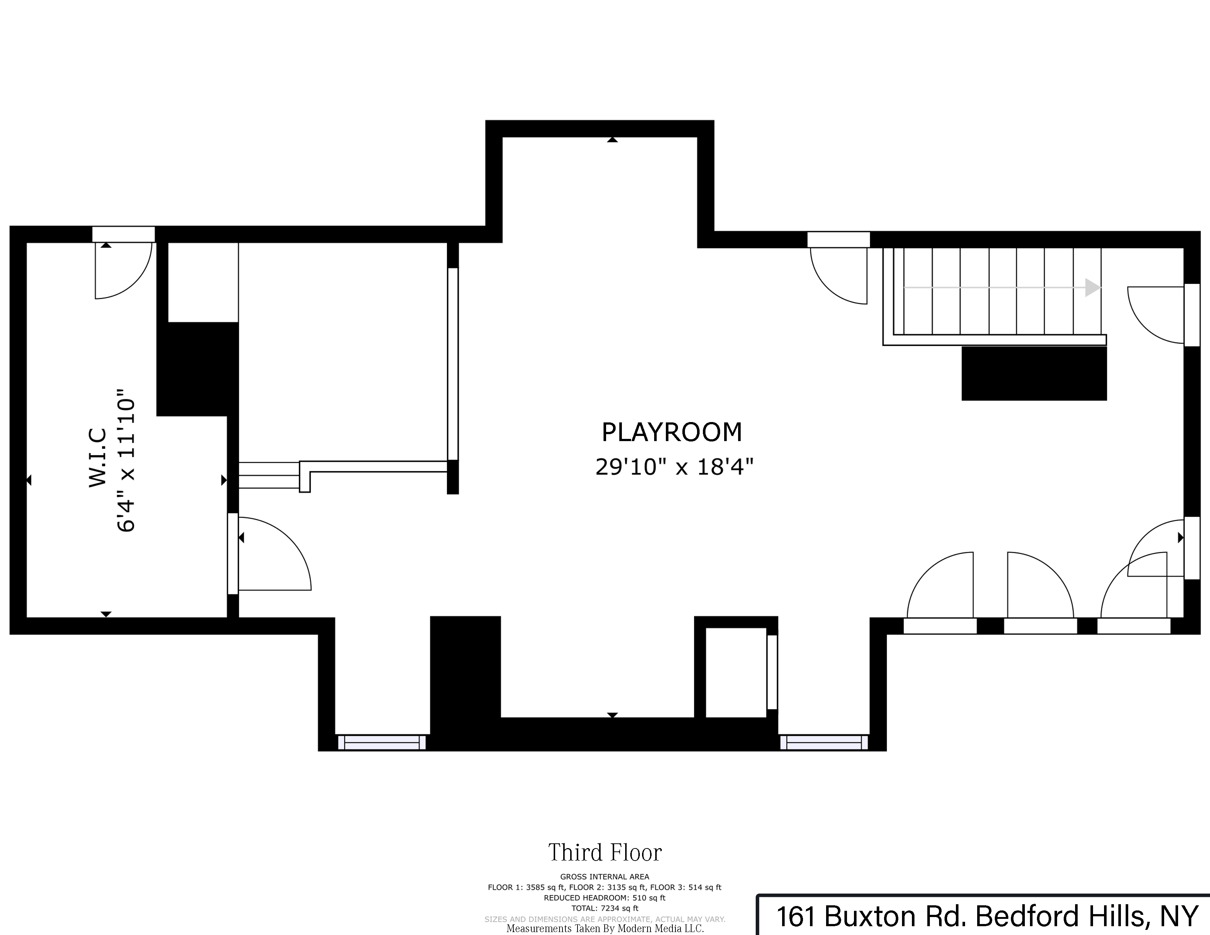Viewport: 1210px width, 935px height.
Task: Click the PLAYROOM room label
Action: pyautogui.click(x=671, y=432)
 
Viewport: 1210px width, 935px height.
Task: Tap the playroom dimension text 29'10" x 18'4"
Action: pyautogui.click(x=674, y=467)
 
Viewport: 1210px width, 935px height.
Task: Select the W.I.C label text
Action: pyautogui.click(x=98, y=458)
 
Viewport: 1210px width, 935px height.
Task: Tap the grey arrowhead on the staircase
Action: pyautogui.click(x=1092, y=287)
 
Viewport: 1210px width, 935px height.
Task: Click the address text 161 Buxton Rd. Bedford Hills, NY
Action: pyautogui.click(x=987, y=917)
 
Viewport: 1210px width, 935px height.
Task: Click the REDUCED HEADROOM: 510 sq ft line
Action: pyautogui.click(x=604, y=898)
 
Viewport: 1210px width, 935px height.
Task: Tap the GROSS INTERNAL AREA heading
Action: pyautogui.click(x=604, y=877)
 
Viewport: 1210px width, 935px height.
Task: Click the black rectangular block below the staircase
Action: pyautogui.click(x=1034, y=373)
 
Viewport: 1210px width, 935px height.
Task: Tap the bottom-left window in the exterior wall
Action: pyautogui.click(x=382, y=742)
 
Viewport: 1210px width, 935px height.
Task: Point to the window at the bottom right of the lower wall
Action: pyautogui.click(x=824, y=742)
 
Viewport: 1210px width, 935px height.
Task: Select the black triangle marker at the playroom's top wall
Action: pyautogui.click(x=612, y=140)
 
